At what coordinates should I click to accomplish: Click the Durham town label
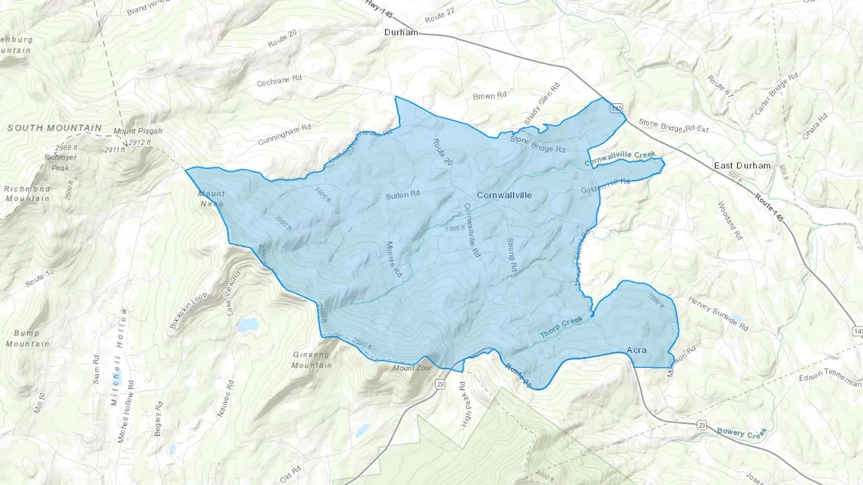401,33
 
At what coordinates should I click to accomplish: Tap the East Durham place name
742,166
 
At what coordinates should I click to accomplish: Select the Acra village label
637,350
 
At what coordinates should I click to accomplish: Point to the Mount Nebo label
211,199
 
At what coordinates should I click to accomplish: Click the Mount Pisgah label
138,131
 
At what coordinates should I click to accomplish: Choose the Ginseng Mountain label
312,360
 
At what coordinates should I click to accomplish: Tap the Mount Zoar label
412,368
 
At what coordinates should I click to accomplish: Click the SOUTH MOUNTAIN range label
55,128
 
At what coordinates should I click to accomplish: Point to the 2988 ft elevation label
66,148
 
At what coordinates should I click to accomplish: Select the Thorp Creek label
561,327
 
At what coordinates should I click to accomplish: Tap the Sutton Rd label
403,195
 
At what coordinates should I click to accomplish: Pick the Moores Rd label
394,259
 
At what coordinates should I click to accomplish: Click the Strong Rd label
512,255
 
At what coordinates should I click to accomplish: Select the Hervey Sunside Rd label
718,314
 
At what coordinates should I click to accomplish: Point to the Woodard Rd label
730,221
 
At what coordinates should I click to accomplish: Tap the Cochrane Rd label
279,80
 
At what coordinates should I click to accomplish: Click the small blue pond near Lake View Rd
248,325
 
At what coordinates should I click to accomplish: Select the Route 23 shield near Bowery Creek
702,425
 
